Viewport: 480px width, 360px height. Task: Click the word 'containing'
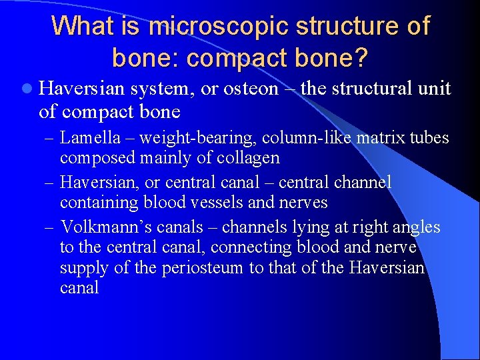(99, 202)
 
